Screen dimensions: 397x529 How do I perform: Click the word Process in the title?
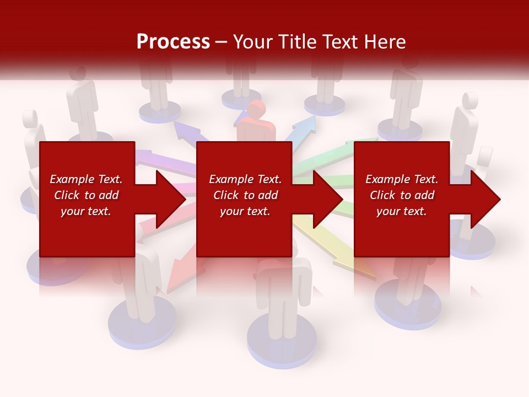click(173, 42)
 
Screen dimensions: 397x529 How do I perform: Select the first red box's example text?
click(86, 195)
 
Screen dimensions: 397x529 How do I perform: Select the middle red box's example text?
click(245, 195)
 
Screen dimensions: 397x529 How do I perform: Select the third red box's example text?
click(402, 195)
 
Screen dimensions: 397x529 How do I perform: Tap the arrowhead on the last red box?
click(485, 199)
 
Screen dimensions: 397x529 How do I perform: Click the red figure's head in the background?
click(256, 110)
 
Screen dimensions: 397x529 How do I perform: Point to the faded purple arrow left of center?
click(165, 162)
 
